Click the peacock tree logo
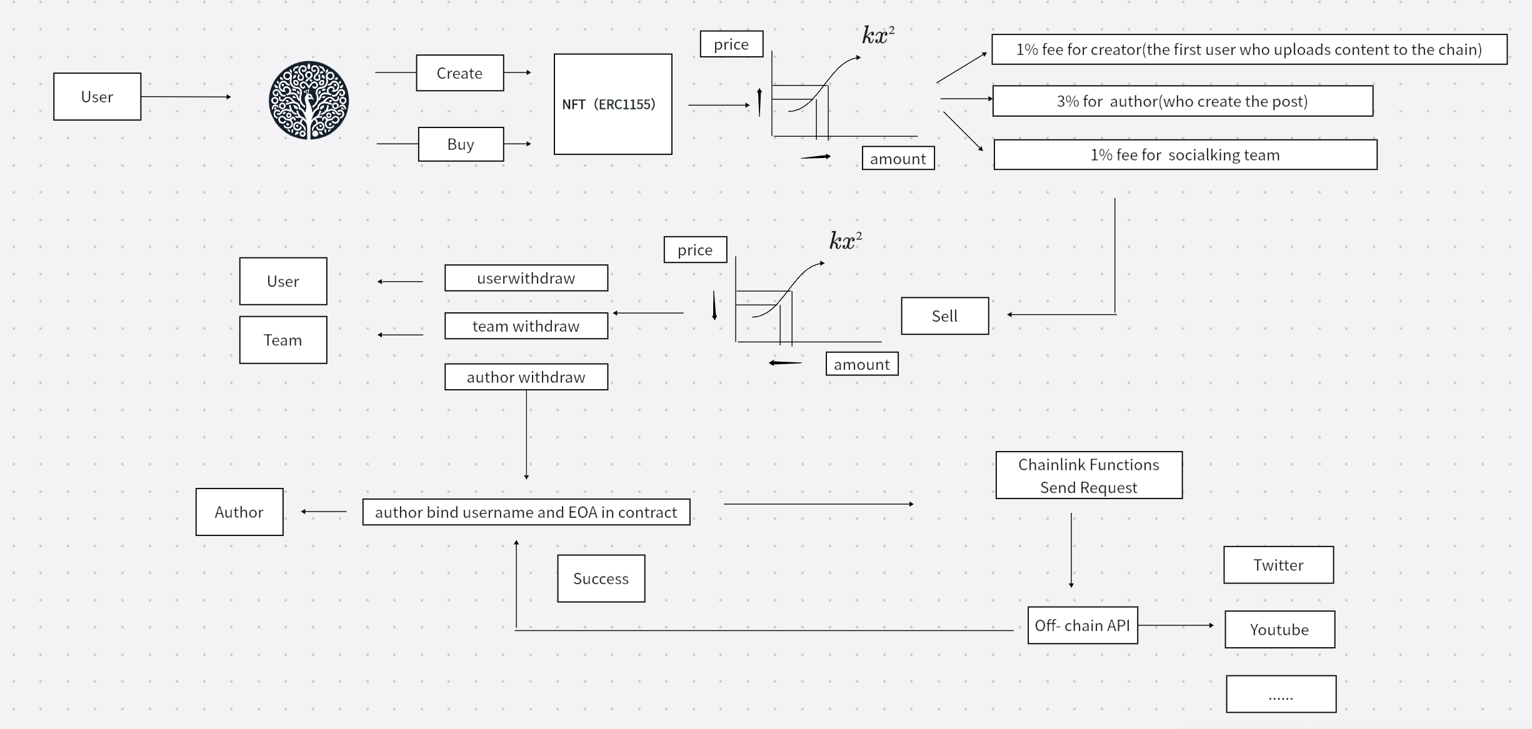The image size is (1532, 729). click(309, 100)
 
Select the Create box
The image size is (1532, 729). click(460, 73)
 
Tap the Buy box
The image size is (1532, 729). click(461, 144)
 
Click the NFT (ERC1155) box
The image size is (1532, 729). click(613, 104)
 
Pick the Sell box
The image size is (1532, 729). click(945, 316)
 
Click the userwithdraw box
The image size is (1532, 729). click(526, 278)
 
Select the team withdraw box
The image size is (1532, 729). click(526, 326)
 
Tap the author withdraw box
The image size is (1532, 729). click(526, 377)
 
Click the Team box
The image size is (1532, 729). click(283, 340)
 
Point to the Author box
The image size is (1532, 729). click(239, 512)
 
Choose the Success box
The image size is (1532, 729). click(601, 578)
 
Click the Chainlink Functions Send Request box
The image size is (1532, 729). click(1089, 475)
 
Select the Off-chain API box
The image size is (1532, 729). click(1083, 625)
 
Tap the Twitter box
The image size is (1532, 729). click(1279, 565)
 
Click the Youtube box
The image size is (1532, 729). click(1280, 630)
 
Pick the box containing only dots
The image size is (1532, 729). click(1281, 694)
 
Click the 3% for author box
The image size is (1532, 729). click(1183, 101)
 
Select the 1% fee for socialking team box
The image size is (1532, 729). click(1185, 155)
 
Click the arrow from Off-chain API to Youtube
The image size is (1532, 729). click(1176, 625)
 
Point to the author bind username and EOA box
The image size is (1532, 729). click(526, 512)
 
